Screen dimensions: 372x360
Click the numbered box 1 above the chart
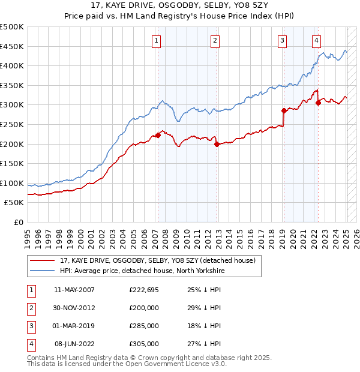(156, 41)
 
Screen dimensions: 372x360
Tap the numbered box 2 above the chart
(215, 41)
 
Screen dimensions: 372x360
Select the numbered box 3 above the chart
(281, 41)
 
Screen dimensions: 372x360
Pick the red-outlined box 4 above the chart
(316, 41)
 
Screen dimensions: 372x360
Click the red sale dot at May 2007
(158, 135)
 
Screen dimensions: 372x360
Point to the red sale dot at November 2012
(217, 144)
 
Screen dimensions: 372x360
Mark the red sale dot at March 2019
(283, 110)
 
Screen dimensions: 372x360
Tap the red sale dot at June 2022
(318, 103)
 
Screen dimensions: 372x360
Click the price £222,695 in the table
(144, 290)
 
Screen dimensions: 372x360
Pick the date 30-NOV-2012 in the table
(74, 308)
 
